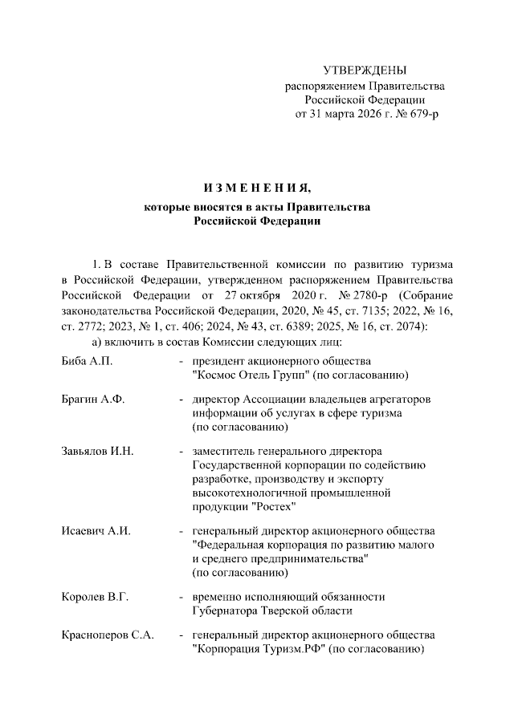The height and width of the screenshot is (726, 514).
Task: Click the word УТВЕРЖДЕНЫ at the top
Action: tap(365, 71)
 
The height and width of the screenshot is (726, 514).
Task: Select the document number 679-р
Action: tap(421, 114)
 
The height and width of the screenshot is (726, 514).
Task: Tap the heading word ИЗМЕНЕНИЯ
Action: tap(256, 189)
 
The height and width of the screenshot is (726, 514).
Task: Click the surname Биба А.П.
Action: tap(87, 362)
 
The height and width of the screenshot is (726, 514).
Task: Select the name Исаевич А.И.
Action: tap(96, 531)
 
